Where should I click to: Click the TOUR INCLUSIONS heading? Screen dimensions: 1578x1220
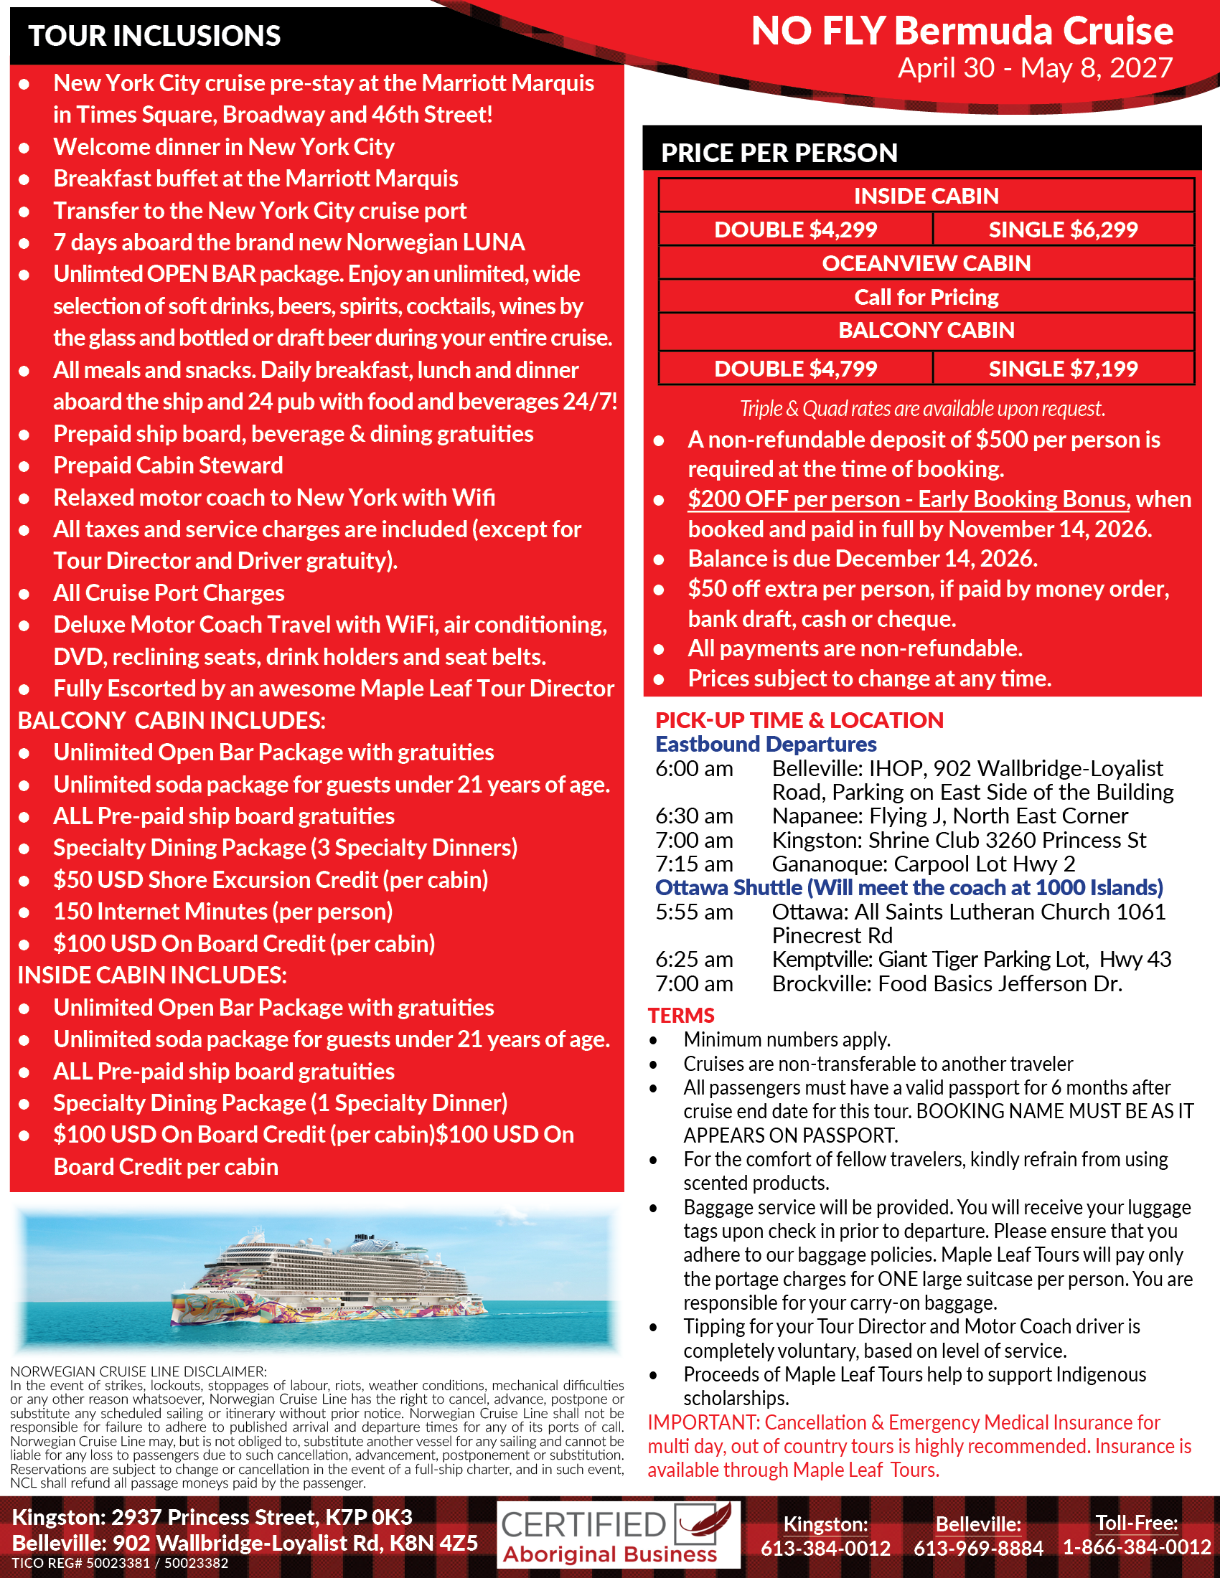tap(154, 35)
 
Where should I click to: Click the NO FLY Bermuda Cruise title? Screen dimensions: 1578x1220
tap(962, 31)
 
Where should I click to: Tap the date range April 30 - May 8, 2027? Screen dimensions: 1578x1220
tap(1035, 68)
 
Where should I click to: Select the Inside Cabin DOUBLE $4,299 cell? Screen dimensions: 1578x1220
tap(795, 230)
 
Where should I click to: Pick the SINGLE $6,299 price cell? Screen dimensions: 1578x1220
tap(1062, 230)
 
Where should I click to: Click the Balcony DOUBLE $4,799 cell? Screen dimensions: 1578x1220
tap(795, 369)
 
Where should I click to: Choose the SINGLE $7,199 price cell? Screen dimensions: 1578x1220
tap(1062, 369)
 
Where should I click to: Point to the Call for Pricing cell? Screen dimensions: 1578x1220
tap(926, 297)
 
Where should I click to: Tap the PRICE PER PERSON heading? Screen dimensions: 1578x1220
tap(779, 153)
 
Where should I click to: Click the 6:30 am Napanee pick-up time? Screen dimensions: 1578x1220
tap(694, 816)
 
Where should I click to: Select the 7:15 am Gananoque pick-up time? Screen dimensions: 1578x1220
tap(694, 864)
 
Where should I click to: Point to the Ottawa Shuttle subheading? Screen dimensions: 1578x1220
tap(909, 887)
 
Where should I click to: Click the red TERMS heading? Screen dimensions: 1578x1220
tap(681, 1015)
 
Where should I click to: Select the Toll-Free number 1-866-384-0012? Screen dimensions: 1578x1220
tap(1136, 1547)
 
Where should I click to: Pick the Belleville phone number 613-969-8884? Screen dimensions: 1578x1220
tap(978, 1548)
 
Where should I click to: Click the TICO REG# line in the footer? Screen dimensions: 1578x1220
tap(120, 1564)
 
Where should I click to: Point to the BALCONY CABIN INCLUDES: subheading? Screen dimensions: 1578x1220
tap(172, 720)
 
